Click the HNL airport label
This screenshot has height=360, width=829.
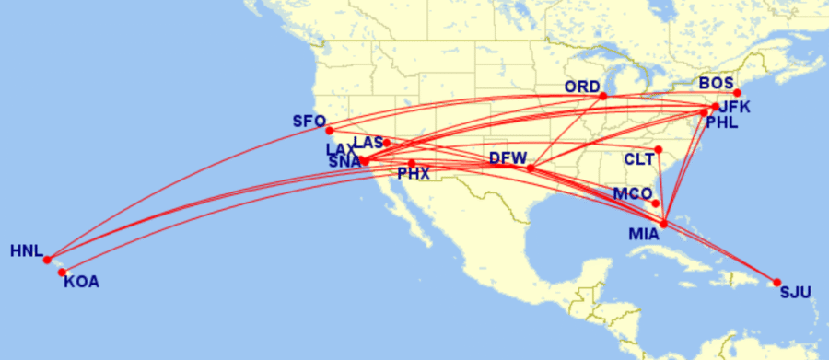[26, 250]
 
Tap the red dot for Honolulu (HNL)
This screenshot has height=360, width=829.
[47, 260]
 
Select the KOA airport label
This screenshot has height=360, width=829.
[81, 282]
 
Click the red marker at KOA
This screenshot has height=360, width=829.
[62, 272]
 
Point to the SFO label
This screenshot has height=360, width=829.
[309, 121]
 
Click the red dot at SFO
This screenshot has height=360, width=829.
[329, 130]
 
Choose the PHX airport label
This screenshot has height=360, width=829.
[414, 172]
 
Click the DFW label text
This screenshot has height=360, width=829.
[508, 157]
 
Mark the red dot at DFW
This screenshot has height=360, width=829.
[530, 168]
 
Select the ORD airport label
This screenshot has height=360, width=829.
[582, 87]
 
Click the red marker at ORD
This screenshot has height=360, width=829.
[603, 96]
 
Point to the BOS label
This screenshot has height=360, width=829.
[716, 83]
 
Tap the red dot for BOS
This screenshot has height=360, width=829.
[737, 93]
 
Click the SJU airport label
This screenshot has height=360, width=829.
[795, 294]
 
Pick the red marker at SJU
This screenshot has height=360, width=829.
[776, 283]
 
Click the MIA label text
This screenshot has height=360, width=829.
[644, 234]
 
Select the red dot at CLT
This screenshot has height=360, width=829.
[658, 150]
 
